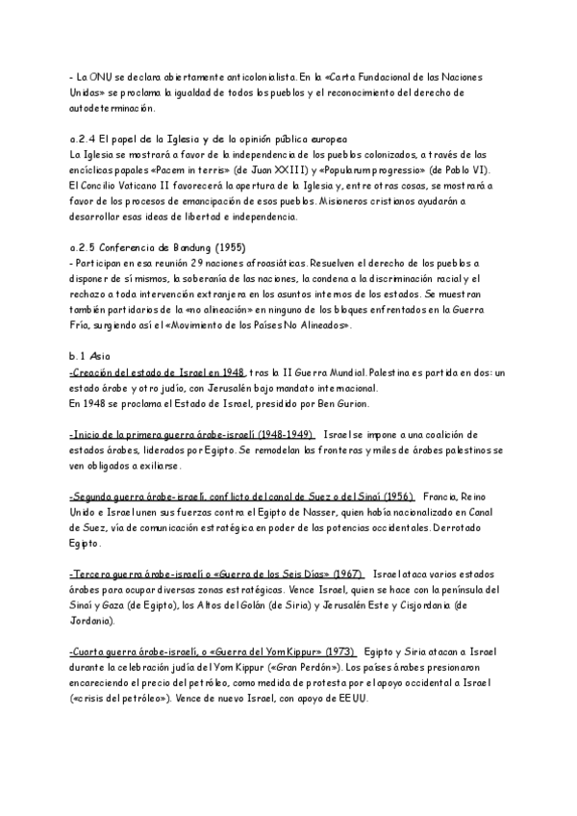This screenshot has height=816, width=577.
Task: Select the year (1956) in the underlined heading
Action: click(394, 497)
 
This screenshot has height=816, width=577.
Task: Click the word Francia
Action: click(442, 497)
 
